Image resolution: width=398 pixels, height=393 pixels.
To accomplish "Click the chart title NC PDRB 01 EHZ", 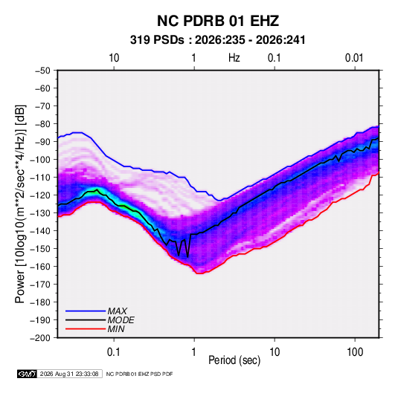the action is point(218,21).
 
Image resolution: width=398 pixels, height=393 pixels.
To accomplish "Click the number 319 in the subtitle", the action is point(139,40).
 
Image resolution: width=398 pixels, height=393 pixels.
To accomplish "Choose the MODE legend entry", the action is point(100,320).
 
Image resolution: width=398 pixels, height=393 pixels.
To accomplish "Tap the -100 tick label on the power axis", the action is point(41,160).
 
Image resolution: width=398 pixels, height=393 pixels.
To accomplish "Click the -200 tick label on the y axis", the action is point(41,338).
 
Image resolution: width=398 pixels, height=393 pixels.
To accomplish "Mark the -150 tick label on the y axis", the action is point(41,249).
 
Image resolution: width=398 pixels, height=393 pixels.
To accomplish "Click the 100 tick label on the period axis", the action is point(355,352).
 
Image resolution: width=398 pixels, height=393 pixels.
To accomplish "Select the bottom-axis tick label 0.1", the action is point(114,352).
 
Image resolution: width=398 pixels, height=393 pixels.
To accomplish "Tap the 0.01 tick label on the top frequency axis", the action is point(354,58).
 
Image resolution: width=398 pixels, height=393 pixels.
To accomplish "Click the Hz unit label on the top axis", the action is point(234,58).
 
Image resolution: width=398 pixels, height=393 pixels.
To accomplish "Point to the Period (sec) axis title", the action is point(234,360).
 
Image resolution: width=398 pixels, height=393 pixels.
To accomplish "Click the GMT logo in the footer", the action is point(28,374).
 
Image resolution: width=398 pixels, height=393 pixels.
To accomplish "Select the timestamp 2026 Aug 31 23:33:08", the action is point(69,374).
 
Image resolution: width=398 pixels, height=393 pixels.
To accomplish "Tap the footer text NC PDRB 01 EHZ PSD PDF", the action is point(139,374).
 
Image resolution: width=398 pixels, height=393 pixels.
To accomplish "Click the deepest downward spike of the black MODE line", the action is point(187,257).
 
